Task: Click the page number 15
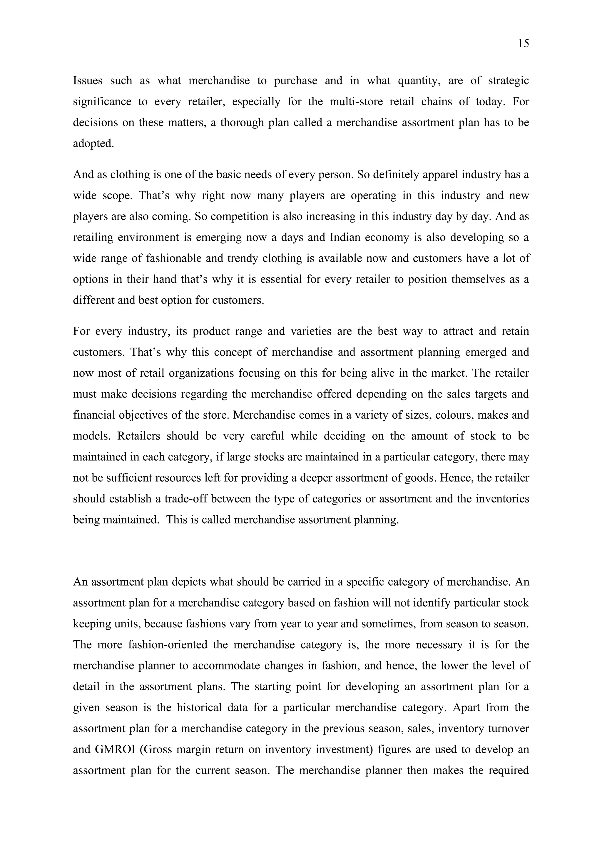(x=523, y=44)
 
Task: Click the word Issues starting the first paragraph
(x=88, y=81)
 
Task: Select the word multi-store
(x=356, y=102)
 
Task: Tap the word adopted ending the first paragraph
(x=93, y=143)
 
